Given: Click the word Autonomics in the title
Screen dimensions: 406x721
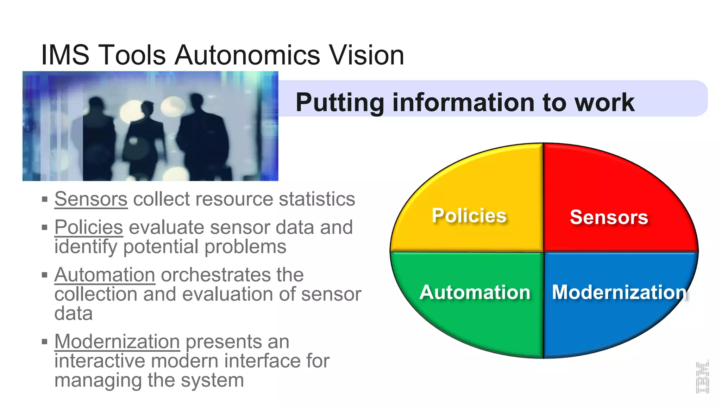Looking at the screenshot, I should click(247, 55).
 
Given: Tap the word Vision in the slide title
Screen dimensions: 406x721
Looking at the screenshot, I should click(366, 55).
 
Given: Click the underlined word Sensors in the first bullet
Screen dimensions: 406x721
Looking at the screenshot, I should click(91, 199).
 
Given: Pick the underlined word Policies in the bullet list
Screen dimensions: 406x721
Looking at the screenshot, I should click(89, 227).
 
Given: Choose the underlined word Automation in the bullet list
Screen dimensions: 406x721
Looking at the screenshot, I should click(105, 275).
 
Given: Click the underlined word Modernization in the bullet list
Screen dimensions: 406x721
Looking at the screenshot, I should click(117, 342).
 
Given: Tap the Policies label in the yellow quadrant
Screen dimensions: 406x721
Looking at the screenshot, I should click(469, 216).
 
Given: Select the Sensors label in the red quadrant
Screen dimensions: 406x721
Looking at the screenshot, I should click(609, 217).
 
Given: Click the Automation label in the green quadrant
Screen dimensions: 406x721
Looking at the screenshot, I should click(475, 293).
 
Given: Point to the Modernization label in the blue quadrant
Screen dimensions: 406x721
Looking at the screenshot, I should click(619, 293).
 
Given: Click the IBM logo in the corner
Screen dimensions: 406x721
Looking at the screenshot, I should click(702, 377).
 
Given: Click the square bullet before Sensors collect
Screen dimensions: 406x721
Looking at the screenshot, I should click(45, 199).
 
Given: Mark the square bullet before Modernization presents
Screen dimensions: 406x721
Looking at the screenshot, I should click(45, 342).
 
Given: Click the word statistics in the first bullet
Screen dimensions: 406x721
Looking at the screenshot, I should click(317, 199).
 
